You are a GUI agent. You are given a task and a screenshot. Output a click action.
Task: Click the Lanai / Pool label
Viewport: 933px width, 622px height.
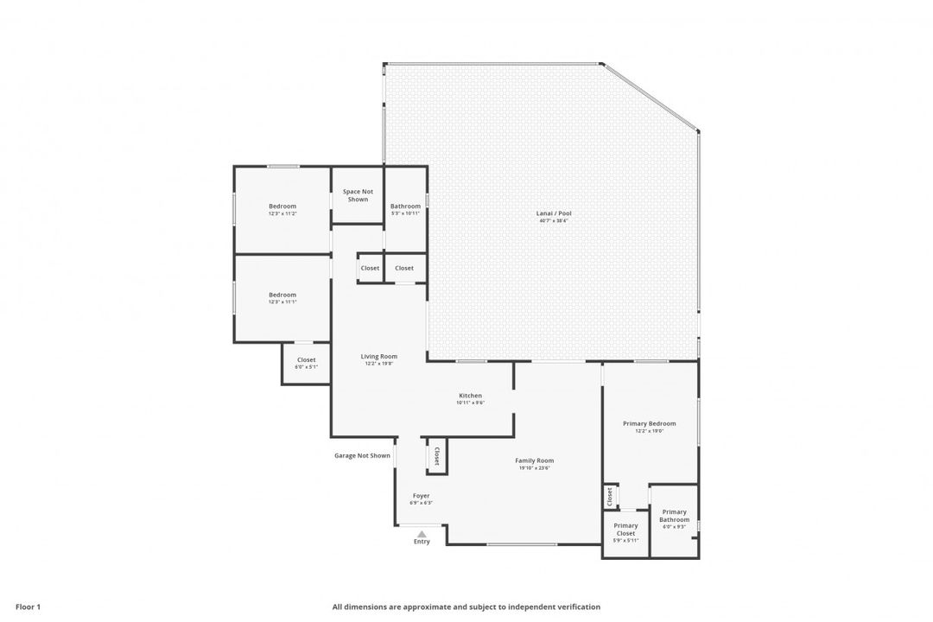coord(553,213)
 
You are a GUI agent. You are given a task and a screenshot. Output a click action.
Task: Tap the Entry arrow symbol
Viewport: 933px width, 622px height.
coord(422,534)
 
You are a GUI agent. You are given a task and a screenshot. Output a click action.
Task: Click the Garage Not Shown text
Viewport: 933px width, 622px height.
coord(362,455)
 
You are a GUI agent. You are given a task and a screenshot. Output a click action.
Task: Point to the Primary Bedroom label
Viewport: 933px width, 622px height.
coord(649,423)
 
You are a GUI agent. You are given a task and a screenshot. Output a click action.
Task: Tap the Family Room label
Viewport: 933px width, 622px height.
coord(534,460)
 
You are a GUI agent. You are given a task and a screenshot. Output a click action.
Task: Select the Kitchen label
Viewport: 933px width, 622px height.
coord(470,396)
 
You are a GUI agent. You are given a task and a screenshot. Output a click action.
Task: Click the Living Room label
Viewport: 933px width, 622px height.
coord(378,356)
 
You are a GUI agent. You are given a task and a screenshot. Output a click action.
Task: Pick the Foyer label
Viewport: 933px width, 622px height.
coord(421,496)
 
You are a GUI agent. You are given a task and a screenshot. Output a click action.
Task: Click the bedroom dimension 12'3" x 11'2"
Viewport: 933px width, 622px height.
coord(282,213)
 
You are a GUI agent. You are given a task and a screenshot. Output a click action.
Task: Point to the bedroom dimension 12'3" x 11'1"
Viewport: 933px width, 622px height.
coord(282,302)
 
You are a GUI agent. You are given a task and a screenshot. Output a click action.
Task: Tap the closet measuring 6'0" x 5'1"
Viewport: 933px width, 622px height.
coord(306,364)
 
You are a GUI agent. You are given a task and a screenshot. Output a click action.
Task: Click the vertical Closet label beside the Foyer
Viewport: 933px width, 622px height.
coord(436,455)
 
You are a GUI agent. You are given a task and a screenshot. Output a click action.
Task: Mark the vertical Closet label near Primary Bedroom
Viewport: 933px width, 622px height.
coord(610,497)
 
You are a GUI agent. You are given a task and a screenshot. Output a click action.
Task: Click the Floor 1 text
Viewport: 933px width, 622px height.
coord(28,606)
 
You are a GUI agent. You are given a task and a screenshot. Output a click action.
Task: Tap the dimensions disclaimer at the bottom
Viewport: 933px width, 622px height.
coord(466,606)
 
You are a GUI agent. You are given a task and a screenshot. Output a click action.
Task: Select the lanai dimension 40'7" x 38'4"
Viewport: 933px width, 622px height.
coord(553,221)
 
